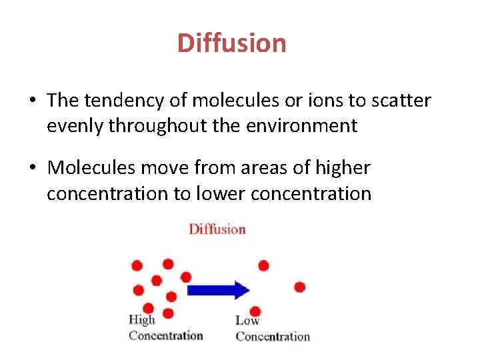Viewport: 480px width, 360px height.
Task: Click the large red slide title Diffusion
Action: click(231, 43)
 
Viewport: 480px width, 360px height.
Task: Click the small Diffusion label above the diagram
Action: click(217, 229)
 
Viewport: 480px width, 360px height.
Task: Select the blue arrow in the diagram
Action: click(219, 290)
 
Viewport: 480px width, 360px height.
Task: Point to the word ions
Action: click(309, 101)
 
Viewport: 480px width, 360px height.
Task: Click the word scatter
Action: click(396, 101)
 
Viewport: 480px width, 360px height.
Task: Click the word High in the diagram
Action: click(141, 320)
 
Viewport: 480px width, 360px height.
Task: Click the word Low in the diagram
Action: click(247, 321)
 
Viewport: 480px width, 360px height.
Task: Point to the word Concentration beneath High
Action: click(165, 335)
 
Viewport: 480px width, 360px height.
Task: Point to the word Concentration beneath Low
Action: click(273, 337)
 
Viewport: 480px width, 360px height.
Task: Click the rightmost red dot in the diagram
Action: click(299, 287)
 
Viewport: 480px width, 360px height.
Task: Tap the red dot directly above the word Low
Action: click(255, 311)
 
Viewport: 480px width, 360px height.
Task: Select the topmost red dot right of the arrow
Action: click(263, 265)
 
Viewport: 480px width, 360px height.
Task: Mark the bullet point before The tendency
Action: click(32, 101)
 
